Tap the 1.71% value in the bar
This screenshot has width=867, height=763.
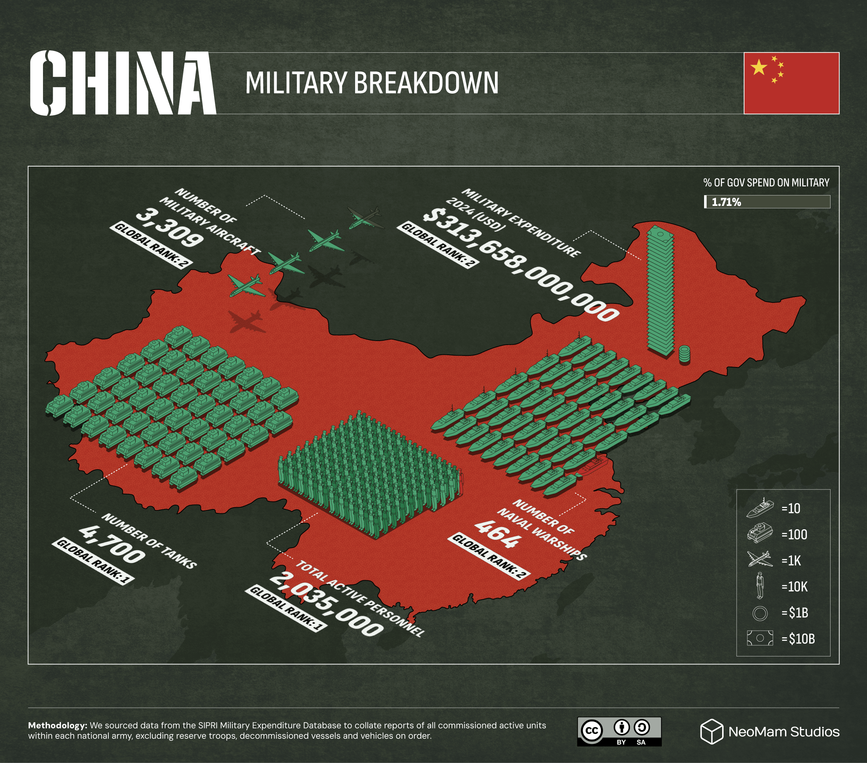726,202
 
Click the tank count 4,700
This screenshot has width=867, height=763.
112,544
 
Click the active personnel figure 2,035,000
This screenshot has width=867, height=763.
326,604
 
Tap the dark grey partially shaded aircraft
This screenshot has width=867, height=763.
366,218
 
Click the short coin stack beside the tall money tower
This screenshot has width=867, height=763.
684,354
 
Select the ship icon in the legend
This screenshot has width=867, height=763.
760,508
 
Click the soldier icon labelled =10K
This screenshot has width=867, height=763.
760,586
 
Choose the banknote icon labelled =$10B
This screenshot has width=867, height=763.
760,638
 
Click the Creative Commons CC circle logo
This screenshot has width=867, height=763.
592,731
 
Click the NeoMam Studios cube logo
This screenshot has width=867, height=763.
711,731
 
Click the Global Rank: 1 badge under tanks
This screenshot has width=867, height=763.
93,561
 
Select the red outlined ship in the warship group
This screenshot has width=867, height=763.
592,466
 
